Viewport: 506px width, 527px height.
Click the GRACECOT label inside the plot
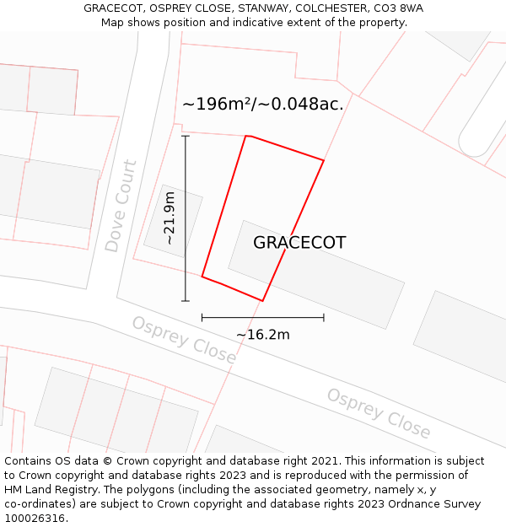299,243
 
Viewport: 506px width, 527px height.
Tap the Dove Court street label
121,207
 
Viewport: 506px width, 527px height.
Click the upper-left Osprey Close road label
184,340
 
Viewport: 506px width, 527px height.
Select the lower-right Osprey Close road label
379,414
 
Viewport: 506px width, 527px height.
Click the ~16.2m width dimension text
262,335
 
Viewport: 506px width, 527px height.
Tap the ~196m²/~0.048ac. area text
262,105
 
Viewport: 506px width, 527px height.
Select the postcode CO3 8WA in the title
396,8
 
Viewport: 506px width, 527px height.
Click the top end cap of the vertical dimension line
186,136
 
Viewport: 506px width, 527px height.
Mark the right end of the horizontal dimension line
324,318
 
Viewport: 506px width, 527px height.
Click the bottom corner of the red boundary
263,300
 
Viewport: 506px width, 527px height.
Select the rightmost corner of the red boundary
324,160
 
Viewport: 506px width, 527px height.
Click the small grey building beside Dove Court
173,220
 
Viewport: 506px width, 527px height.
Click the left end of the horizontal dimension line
202,318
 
